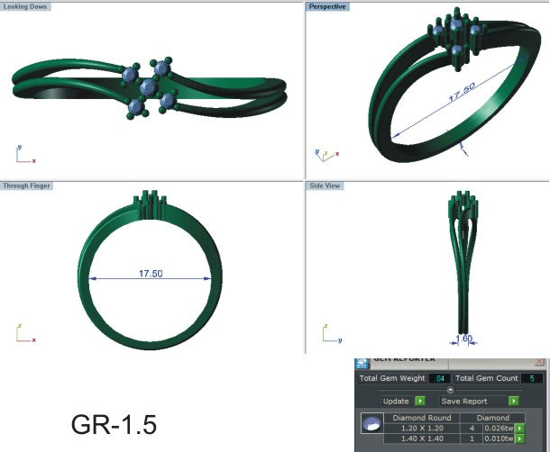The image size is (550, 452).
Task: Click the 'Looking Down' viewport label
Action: click(26, 6)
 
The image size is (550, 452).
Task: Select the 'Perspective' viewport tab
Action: click(327, 6)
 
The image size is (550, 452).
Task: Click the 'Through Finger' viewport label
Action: click(28, 185)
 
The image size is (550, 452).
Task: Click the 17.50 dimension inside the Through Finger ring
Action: click(150, 274)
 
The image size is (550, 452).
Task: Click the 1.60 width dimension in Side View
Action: click(463, 339)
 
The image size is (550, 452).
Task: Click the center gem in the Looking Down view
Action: click(148, 87)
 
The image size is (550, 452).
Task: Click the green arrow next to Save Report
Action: click(513, 401)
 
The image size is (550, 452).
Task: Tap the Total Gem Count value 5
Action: click(532, 378)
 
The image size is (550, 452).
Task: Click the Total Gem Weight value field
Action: click(438, 378)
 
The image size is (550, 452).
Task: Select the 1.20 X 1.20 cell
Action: click(422, 429)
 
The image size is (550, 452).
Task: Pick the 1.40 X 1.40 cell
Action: click(422, 439)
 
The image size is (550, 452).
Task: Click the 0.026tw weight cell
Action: click(498, 429)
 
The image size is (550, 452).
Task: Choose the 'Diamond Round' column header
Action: click(422, 418)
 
